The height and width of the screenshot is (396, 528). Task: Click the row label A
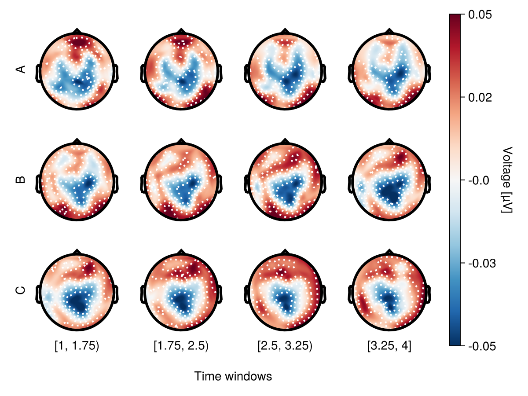click(20, 69)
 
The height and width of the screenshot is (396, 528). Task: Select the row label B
click(20, 180)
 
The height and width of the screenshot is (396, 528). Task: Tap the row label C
click(20, 290)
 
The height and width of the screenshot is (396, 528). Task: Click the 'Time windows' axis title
click(233, 377)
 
